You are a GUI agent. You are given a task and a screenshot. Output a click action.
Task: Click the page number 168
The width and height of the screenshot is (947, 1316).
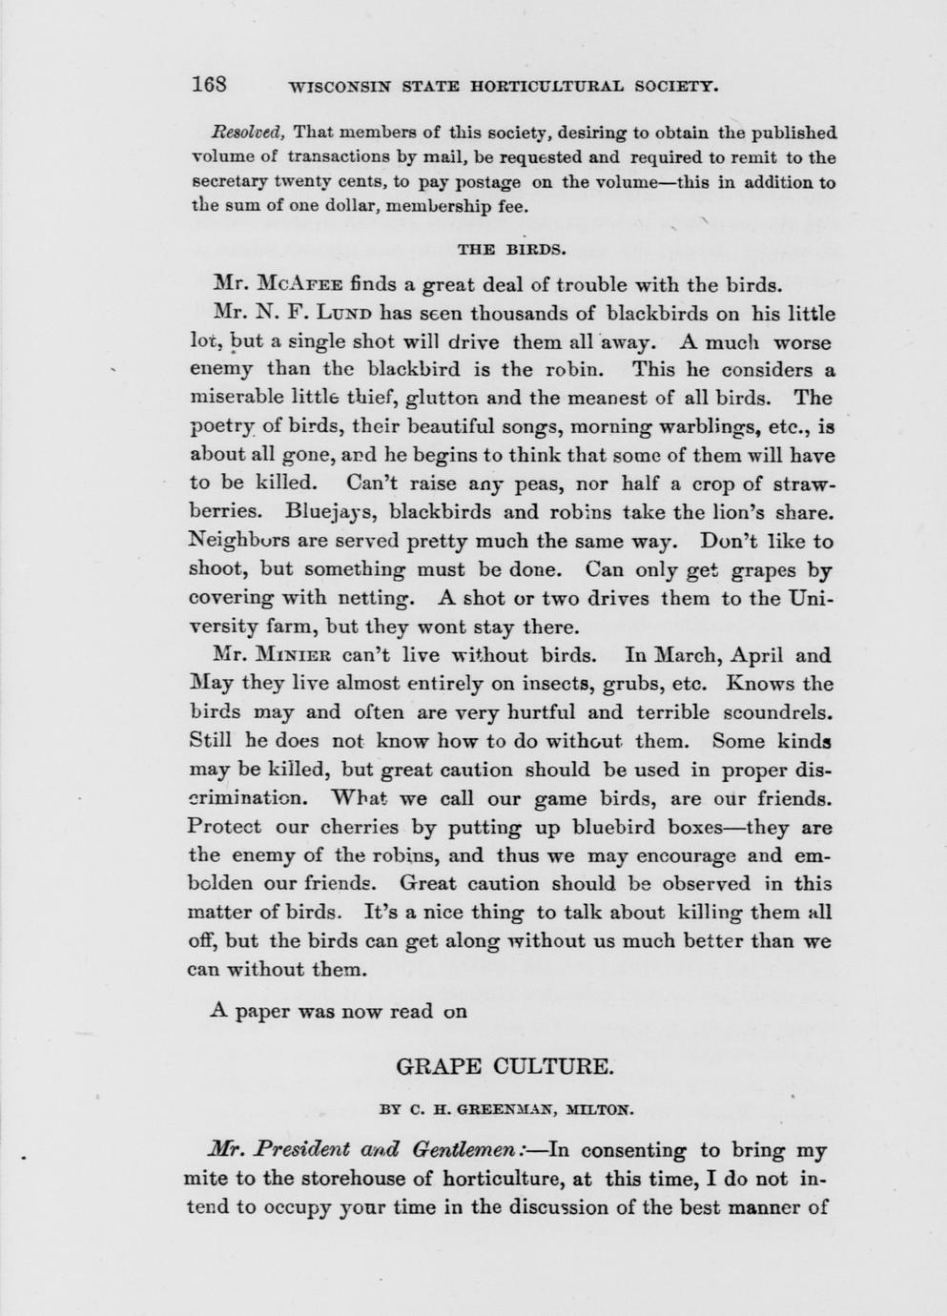click(x=208, y=84)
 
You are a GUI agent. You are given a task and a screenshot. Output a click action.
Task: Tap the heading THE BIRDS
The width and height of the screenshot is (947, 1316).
click(x=512, y=251)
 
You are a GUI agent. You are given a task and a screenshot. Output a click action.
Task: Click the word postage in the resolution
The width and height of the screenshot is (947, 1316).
click(x=487, y=182)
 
